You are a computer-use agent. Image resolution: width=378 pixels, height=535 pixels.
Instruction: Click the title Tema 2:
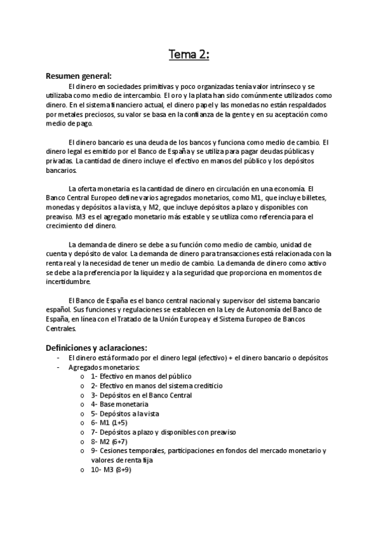pos(189,56)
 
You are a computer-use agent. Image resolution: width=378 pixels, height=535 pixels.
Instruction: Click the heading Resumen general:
pos(78,76)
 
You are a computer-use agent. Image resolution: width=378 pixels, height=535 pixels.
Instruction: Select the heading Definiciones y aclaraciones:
pos(97,348)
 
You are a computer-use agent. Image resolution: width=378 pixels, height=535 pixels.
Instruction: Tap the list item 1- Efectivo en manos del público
pos(133,376)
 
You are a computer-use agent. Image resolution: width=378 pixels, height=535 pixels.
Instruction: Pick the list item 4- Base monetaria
pos(119,404)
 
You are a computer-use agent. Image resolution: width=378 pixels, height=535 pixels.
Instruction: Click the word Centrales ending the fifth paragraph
pos(61,328)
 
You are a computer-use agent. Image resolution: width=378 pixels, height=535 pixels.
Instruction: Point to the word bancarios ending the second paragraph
pos(61,170)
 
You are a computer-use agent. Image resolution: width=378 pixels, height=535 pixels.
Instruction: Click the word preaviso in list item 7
pos(220,432)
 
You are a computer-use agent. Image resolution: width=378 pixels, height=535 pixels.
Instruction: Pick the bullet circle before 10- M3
pos(83,470)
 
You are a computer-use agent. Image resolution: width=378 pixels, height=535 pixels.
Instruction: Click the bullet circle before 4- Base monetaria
pos(83,404)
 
